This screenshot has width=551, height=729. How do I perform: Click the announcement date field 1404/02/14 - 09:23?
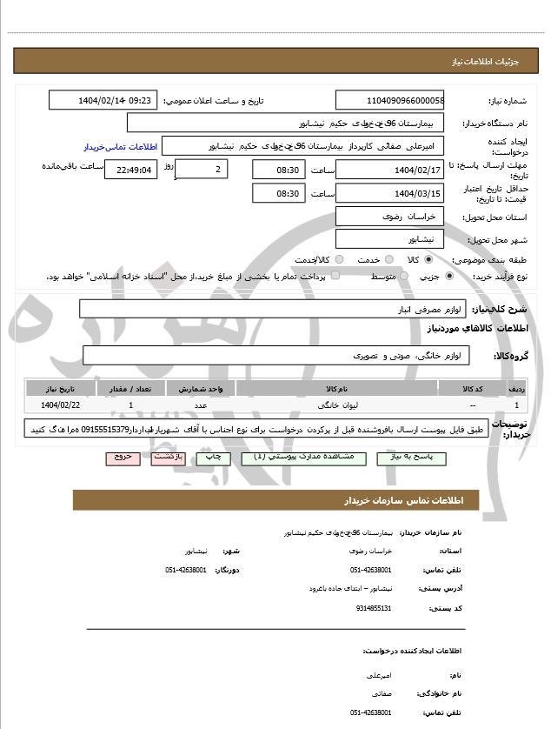click(103, 100)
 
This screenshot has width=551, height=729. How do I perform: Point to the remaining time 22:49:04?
click(131, 171)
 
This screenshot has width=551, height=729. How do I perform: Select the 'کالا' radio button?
click(428, 259)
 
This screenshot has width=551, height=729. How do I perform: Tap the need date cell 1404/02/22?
click(60, 405)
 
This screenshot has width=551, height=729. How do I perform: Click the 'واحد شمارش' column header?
click(200, 389)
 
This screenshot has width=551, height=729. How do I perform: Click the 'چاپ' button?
click(211, 457)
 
